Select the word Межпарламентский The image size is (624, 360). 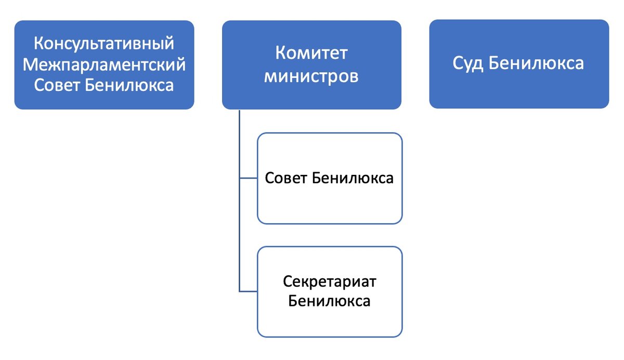[x=104, y=65]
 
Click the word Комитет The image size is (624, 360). [x=311, y=53]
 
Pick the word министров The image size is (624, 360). [x=311, y=76]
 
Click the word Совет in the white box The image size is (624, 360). [x=287, y=178]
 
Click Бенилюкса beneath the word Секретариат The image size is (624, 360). [x=330, y=301]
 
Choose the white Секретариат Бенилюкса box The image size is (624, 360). [x=330, y=323]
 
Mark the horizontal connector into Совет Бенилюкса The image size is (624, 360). [x=248, y=178]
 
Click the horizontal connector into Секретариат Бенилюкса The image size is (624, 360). [x=248, y=291]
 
